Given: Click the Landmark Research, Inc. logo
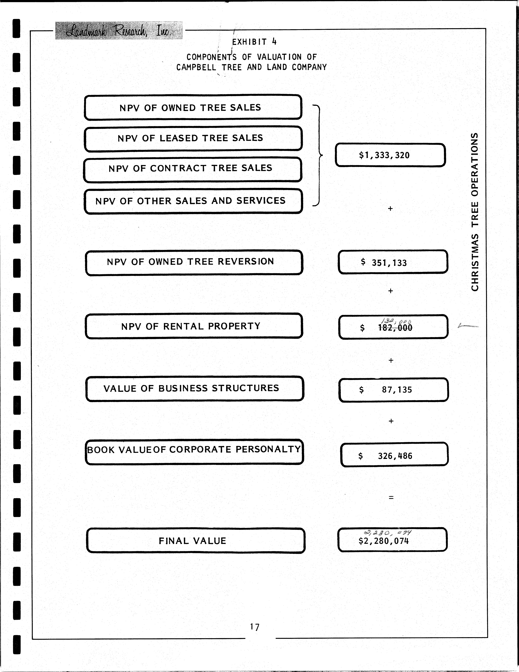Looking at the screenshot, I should (x=119, y=30).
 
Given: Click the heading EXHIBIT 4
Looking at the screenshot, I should (x=254, y=42).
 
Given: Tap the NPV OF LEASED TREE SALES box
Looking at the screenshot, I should (x=193, y=138).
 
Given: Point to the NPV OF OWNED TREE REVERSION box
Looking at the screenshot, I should (x=194, y=262).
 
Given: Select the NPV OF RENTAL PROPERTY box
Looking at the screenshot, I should (x=194, y=326).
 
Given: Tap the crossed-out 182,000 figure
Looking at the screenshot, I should (x=395, y=328).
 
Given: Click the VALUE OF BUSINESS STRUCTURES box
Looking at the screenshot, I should (x=195, y=389).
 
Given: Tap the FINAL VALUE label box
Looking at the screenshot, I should (x=195, y=541).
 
